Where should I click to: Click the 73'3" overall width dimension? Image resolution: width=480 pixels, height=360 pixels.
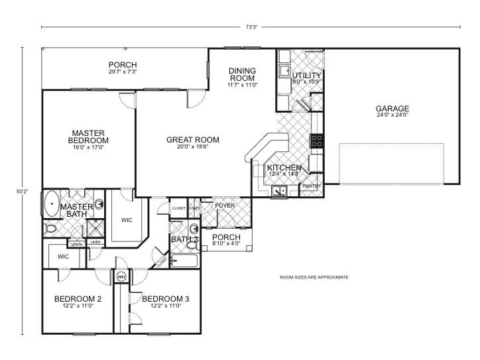coord(250,27)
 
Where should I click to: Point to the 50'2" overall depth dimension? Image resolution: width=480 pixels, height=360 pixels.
coord(21,191)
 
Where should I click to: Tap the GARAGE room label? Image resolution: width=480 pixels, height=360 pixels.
coord(392,109)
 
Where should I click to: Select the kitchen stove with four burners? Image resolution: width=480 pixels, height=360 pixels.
coord(317,141)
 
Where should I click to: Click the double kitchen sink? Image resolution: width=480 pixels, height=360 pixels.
coord(279,192)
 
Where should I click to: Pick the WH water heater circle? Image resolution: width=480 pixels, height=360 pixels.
coord(121,276)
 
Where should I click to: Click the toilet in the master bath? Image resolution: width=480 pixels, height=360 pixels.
coord(51,229)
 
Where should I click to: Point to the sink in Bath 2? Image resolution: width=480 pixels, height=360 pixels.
coord(192,245)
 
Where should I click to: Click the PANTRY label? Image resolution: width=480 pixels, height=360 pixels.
coord(311,186)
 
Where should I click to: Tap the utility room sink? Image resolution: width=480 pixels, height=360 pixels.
coord(284,70)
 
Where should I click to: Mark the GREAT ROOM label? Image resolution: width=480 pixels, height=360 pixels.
coord(192,140)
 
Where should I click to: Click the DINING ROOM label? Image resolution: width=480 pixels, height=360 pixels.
coord(242,74)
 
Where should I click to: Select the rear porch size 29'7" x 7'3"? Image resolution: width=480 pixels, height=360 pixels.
coord(123,72)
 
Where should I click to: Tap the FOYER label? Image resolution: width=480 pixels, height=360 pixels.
coord(225,206)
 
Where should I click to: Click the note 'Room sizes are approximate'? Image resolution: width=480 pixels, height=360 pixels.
coord(314,277)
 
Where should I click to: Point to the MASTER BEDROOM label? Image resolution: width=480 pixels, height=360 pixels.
coord(88,137)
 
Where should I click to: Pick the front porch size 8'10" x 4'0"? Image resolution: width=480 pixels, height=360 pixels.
coord(226,243)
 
